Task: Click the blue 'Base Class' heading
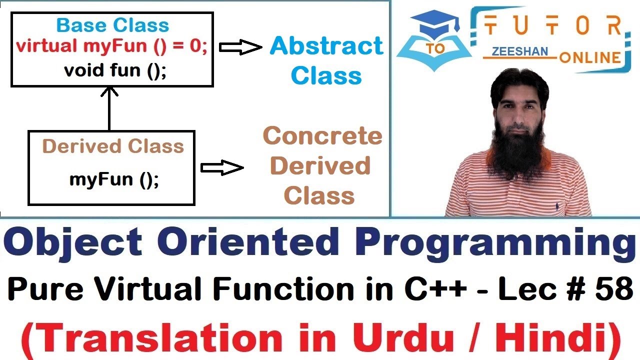112,25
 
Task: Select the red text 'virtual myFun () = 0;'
111,46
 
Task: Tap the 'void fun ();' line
114,70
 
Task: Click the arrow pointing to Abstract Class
240,47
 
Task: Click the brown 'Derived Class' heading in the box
113,146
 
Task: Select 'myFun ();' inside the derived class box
114,179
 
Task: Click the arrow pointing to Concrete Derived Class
221,168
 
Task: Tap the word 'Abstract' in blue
326,46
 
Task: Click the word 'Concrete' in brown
322,136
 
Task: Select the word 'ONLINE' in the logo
590,57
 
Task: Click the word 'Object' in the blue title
75,243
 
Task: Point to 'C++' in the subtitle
435,289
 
